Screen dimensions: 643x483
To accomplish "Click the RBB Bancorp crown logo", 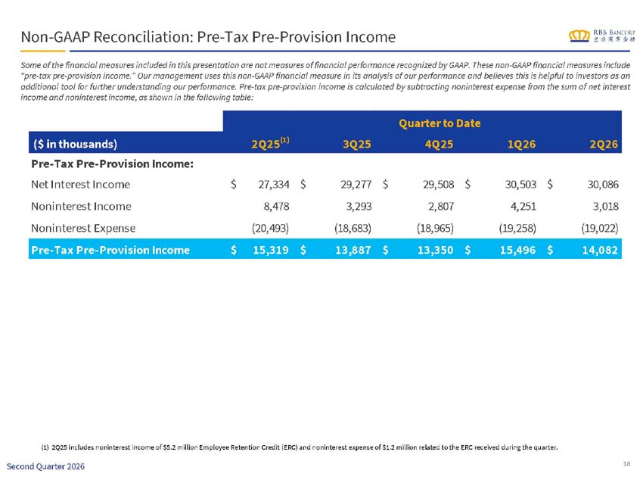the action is pyautogui.click(x=579, y=36).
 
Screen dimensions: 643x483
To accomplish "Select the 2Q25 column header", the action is pyautogui.click(x=270, y=143).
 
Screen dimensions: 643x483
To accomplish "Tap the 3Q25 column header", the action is pyautogui.click(x=357, y=144).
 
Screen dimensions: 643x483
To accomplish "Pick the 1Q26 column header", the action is pyautogui.click(x=522, y=144).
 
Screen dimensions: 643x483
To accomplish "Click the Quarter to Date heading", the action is pyautogui.click(x=440, y=123).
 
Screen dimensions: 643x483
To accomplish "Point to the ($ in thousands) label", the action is pyautogui.click(x=75, y=144).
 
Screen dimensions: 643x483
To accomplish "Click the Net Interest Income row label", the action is pyautogui.click(x=80, y=184).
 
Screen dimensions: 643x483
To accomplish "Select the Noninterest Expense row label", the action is pyautogui.click(x=83, y=228).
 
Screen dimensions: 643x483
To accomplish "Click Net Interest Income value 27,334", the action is pyautogui.click(x=274, y=185).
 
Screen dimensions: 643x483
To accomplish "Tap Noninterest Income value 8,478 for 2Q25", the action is pyautogui.click(x=276, y=207).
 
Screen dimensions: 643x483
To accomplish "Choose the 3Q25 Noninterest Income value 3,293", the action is pyautogui.click(x=359, y=207).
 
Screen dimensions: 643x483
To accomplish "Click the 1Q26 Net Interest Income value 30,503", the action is pyautogui.click(x=520, y=185).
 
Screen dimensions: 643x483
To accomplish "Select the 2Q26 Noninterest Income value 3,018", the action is pyautogui.click(x=606, y=207).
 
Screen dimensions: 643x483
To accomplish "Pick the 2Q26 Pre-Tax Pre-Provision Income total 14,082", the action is pyautogui.click(x=600, y=250).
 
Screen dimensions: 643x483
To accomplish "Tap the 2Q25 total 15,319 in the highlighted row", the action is pyautogui.click(x=271, y=250).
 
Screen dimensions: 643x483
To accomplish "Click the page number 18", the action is pyautogui.click(x=626, y=464).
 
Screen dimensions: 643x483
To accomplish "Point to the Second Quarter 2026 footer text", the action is pyautogui.click(x=45, y=466).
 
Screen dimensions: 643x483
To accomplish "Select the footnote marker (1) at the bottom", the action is pyautogui.click(x=45, y=447).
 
